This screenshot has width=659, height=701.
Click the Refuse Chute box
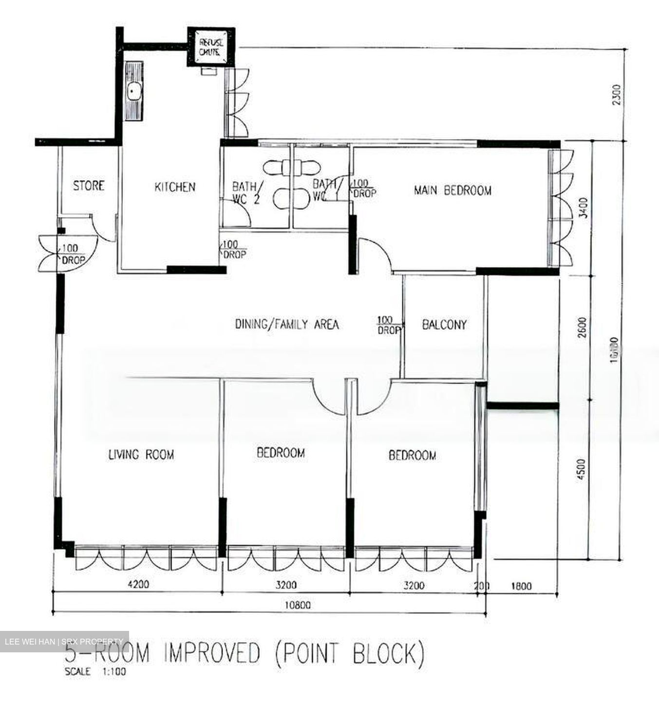[x=211, y=47]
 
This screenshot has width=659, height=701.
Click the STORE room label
[x=89, y=185]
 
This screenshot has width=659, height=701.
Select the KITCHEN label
[x=175, y=187]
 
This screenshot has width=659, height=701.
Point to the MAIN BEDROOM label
[x=452, y=190]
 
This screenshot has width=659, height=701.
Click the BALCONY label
[x=444, y=325]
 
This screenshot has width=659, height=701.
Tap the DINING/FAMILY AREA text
[x=287, y=324]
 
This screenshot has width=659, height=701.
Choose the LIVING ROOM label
[x=141, y=455]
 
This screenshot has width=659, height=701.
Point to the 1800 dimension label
[x=522, y=586]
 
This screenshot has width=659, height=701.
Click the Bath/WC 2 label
[x=247, y=192]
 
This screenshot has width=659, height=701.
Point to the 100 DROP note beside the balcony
[x=388, y=325]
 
